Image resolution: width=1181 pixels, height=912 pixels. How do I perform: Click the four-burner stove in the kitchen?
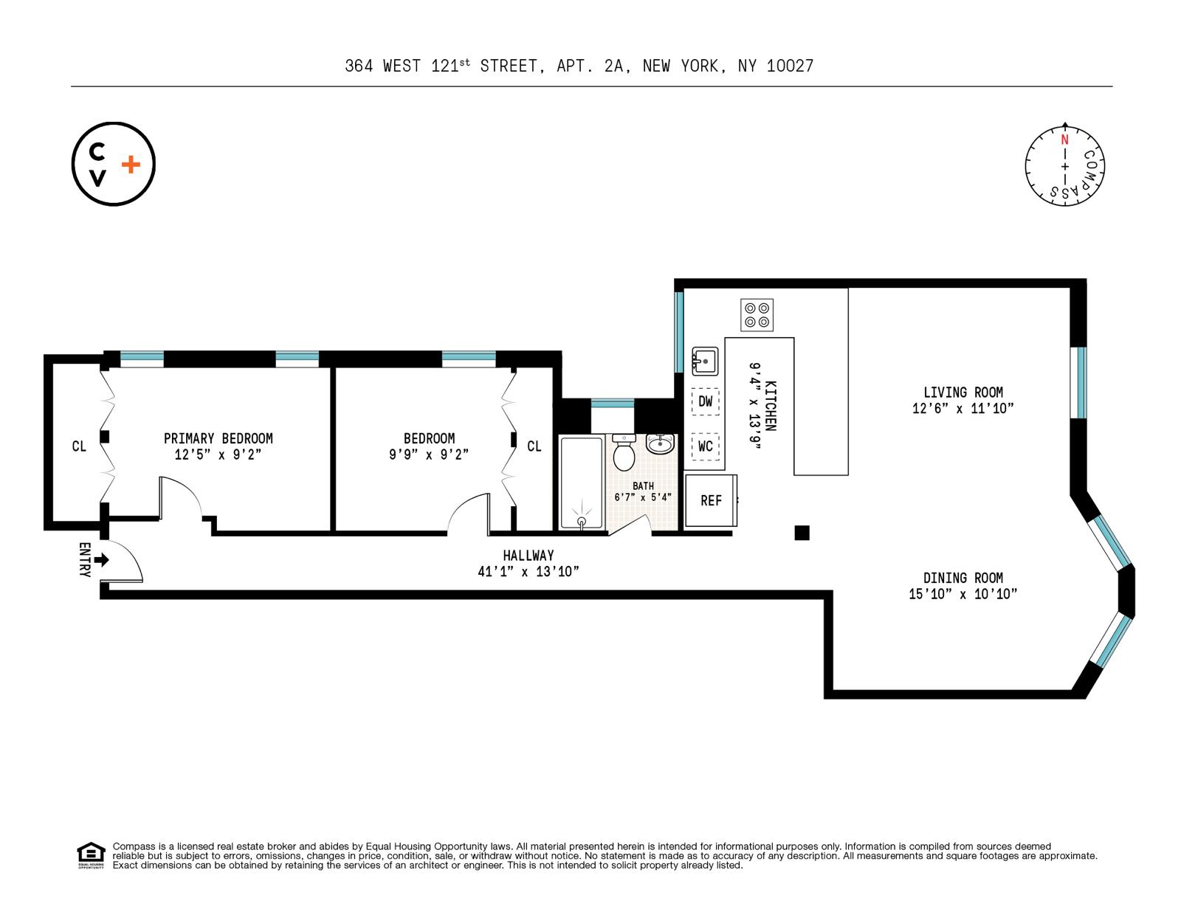tap(757, 315)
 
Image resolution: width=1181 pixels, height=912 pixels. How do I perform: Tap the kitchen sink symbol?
tap(704, 362)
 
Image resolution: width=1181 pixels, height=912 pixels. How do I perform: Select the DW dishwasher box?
tap(705, 401)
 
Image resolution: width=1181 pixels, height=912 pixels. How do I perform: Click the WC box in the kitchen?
tap(705, 446)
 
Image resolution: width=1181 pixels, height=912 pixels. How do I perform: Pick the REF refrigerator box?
tap(711, 500)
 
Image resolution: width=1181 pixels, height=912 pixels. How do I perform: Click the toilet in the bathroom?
tap(624, 453)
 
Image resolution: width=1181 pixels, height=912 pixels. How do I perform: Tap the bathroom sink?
tap(660, 443)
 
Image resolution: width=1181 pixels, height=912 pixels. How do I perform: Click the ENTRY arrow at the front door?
tap(102, 560)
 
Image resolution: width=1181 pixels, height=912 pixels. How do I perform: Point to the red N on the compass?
tap(1064, 140)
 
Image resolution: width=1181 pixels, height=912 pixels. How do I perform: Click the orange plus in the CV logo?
tap(130, 165)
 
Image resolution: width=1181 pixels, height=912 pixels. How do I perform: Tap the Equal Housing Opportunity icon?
tap(91, 854)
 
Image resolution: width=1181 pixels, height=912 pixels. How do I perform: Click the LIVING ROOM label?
tap(963, 393)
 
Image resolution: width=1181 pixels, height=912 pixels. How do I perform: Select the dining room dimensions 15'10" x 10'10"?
tap(963, 594)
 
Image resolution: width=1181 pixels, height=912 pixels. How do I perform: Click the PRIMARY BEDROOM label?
tap(218, 438)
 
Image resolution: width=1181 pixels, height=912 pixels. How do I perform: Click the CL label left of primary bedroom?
tap(78, 446)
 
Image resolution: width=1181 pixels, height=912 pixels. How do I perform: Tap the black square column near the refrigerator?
tap(802, 532)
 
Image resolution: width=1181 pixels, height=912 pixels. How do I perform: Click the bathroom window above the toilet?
tap(612, 403)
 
